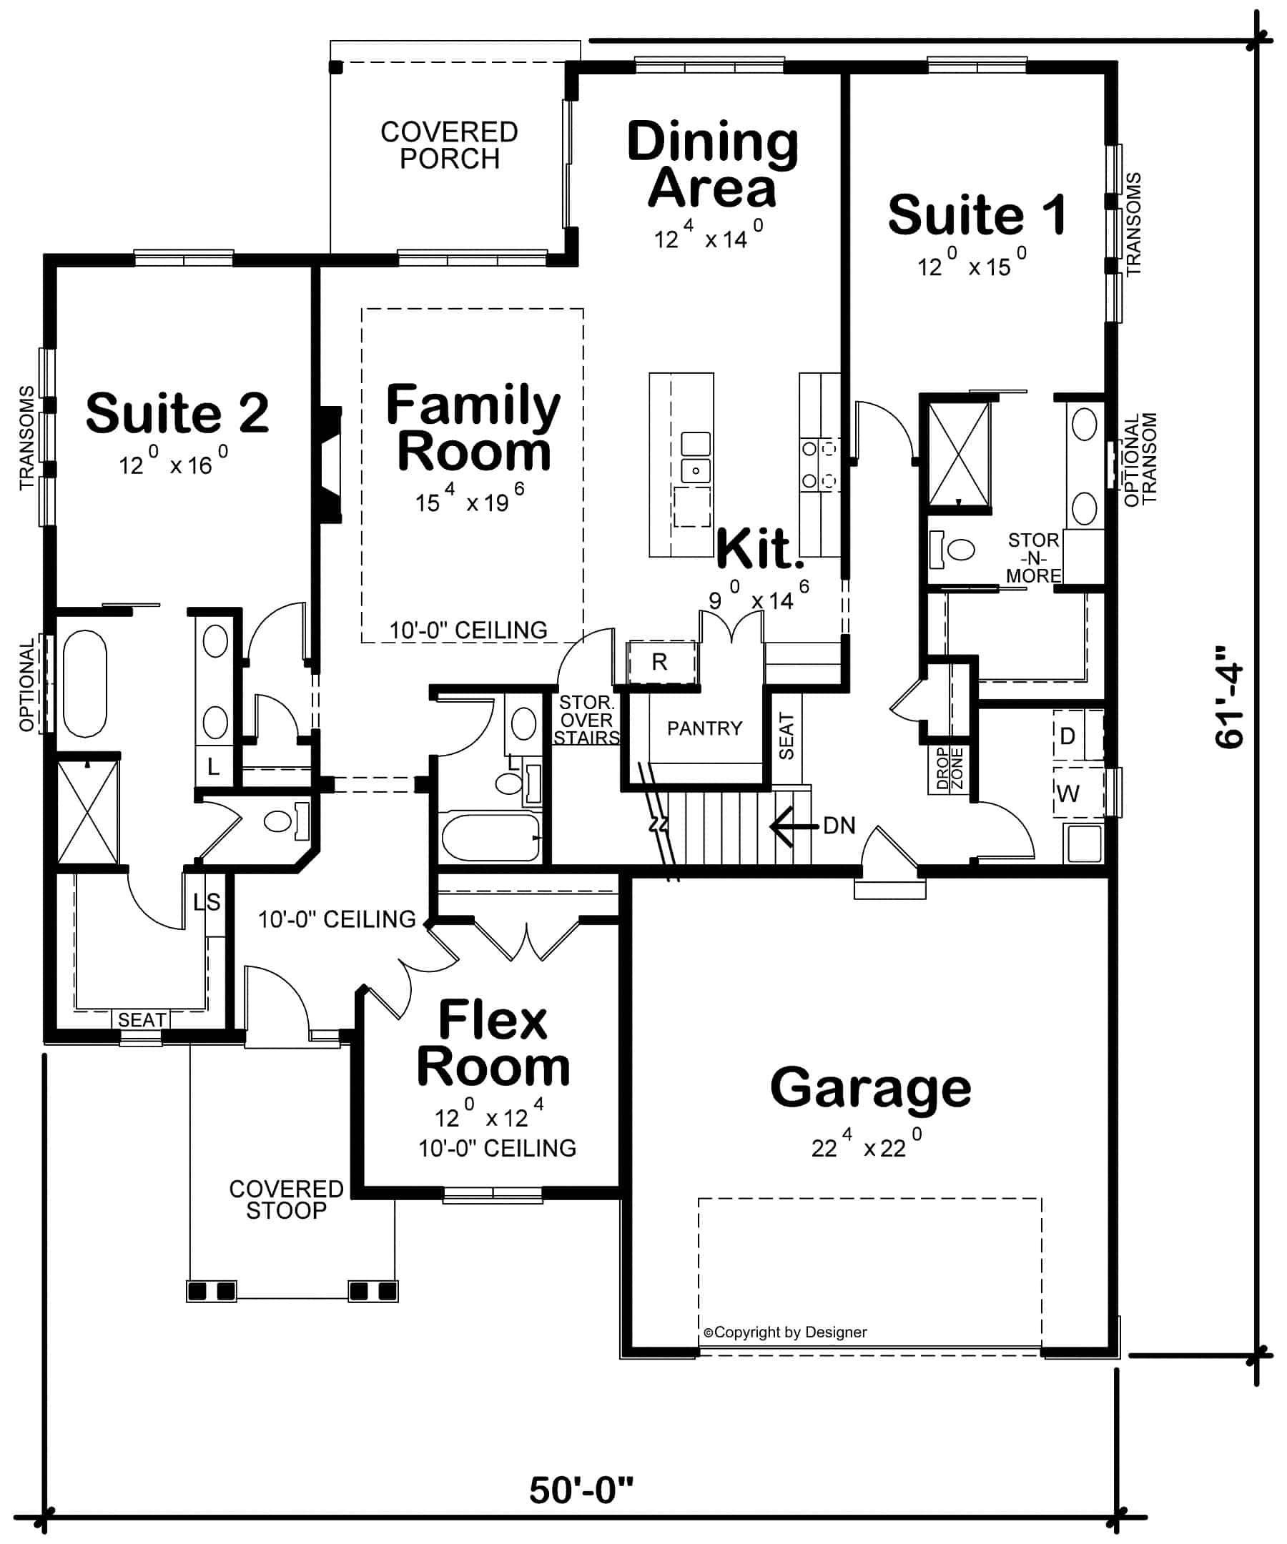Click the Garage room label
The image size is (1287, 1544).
click(x=870, y=1088)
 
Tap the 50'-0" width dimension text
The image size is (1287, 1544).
click(x=581, y=1490)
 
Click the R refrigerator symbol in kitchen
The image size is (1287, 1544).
click(x=661, y=663)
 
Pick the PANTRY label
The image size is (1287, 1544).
click(x=704, y=728)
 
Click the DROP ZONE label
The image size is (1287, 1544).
click(x=949, y=769)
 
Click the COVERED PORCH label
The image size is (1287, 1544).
click(x=449, y=146)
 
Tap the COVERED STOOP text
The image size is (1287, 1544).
click(x=286, y=1199)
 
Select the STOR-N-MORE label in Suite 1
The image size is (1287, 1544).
click(x=1033, y=558)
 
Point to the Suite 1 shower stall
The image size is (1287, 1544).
click(x=958, y=455)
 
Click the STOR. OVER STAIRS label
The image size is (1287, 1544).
click(x=586, y=721)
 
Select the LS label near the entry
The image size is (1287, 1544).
click(x=207, y=902)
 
